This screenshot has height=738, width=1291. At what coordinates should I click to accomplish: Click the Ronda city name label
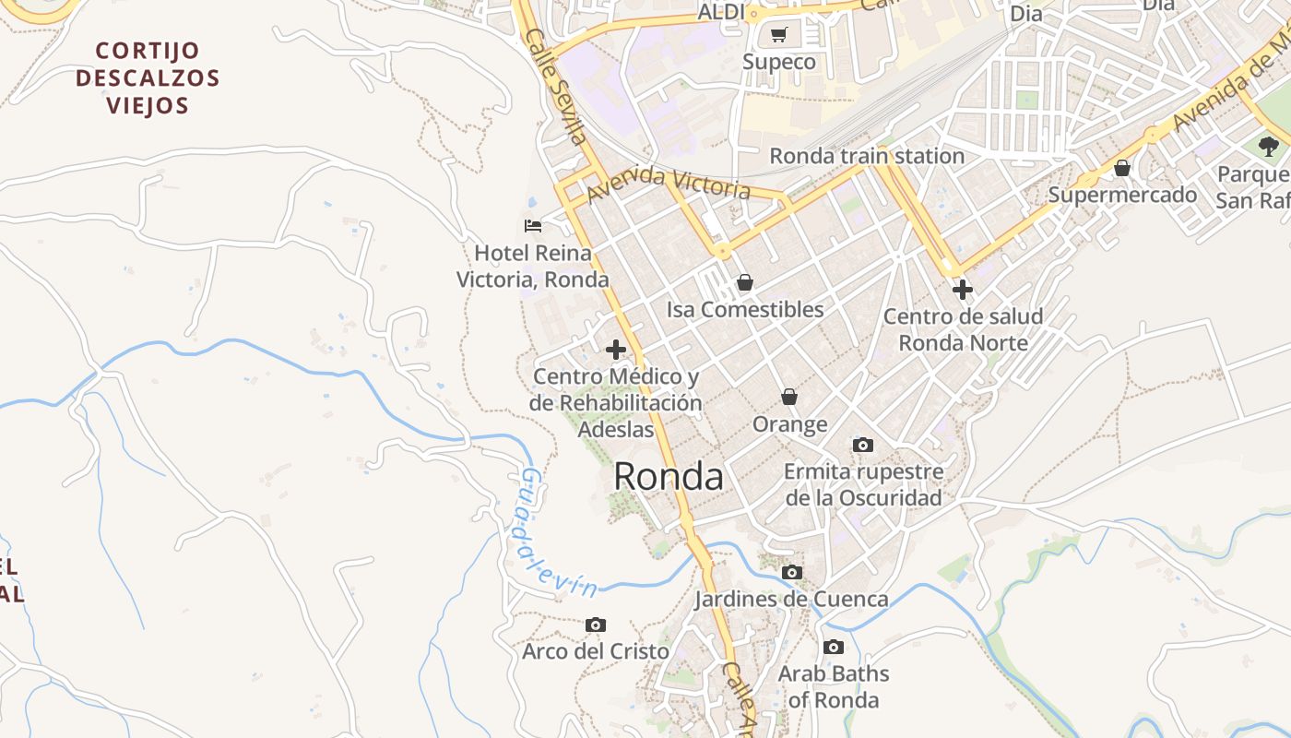[x=668, y=477]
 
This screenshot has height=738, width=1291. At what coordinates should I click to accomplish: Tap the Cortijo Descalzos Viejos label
[x=148, y=77]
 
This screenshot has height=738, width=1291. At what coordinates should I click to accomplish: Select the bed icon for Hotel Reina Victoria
[x=533, y=225]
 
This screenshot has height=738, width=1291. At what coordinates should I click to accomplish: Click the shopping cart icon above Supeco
[x=779, y=35]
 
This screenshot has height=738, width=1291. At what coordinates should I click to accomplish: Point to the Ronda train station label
[x=867, y=156]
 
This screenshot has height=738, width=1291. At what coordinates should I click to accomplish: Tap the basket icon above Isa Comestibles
[x=744, y=282]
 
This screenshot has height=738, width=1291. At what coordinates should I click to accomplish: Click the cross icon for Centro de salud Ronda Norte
[x=962, y=290]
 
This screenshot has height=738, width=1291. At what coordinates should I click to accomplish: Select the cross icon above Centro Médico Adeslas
[x=616, y=350]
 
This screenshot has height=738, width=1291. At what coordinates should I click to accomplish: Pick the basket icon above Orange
[x=789, y=397]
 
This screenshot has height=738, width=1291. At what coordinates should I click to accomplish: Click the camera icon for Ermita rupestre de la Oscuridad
[x=863, y=446]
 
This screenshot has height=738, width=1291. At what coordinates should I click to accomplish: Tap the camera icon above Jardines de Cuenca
[x=791, y=573]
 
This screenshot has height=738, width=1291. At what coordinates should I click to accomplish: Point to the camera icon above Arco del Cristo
[x=596, y=625]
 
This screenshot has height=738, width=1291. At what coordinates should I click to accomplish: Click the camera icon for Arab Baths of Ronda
[x=834, y=648]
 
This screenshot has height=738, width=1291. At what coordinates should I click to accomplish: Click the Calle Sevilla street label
[x=556, y=85]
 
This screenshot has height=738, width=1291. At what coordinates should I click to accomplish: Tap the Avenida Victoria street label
[x=668, y=183]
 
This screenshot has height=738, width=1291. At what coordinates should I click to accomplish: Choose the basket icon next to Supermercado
[x=1122, y=168]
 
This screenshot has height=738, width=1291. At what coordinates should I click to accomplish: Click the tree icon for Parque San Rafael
[x=1269, y=146]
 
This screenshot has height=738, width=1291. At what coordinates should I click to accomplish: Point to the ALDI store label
[x=721, y=12]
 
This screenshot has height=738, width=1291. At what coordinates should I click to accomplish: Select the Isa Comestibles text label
[x=745, y=310]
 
